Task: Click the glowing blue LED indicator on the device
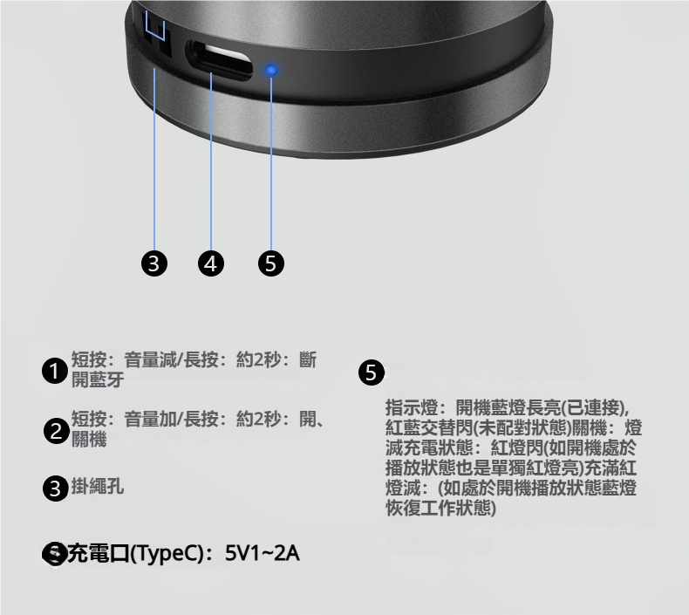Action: [271, 70]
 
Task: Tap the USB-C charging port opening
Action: [220, 60]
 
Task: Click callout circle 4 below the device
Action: [211, 263]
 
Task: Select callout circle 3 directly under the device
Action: [154, 263]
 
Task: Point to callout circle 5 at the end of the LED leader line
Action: [271, 263]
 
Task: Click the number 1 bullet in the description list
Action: [55, 371]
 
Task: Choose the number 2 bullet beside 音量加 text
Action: [57, 431]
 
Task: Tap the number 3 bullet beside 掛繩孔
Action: [56, 489]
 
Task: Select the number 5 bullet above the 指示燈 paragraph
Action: [372, 372]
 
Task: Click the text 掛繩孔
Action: [98, 486]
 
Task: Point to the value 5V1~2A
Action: [263, 553]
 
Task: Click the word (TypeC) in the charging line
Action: [167, 553]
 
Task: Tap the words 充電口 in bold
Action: [99, 553]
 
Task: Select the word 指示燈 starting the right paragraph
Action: [412, 407]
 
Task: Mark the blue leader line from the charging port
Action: [211, 161]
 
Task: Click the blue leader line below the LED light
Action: [271, 163]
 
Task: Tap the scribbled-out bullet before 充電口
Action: [55, 554]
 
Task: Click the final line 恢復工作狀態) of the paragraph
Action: [440, 509]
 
